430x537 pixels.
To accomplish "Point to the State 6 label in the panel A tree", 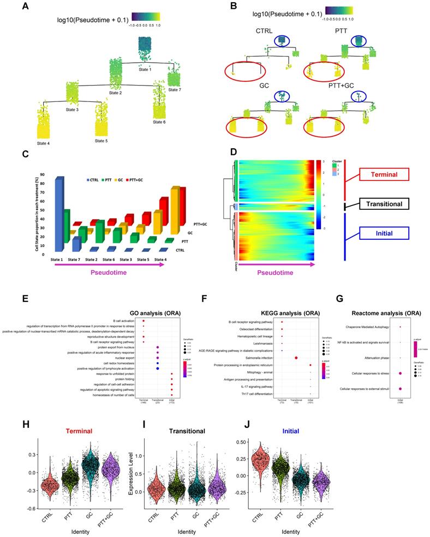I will (x=159, y=122).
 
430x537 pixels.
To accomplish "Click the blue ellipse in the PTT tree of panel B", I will (x=357, y=40).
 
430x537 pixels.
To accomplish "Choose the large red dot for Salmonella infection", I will (x=296, y=358).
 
